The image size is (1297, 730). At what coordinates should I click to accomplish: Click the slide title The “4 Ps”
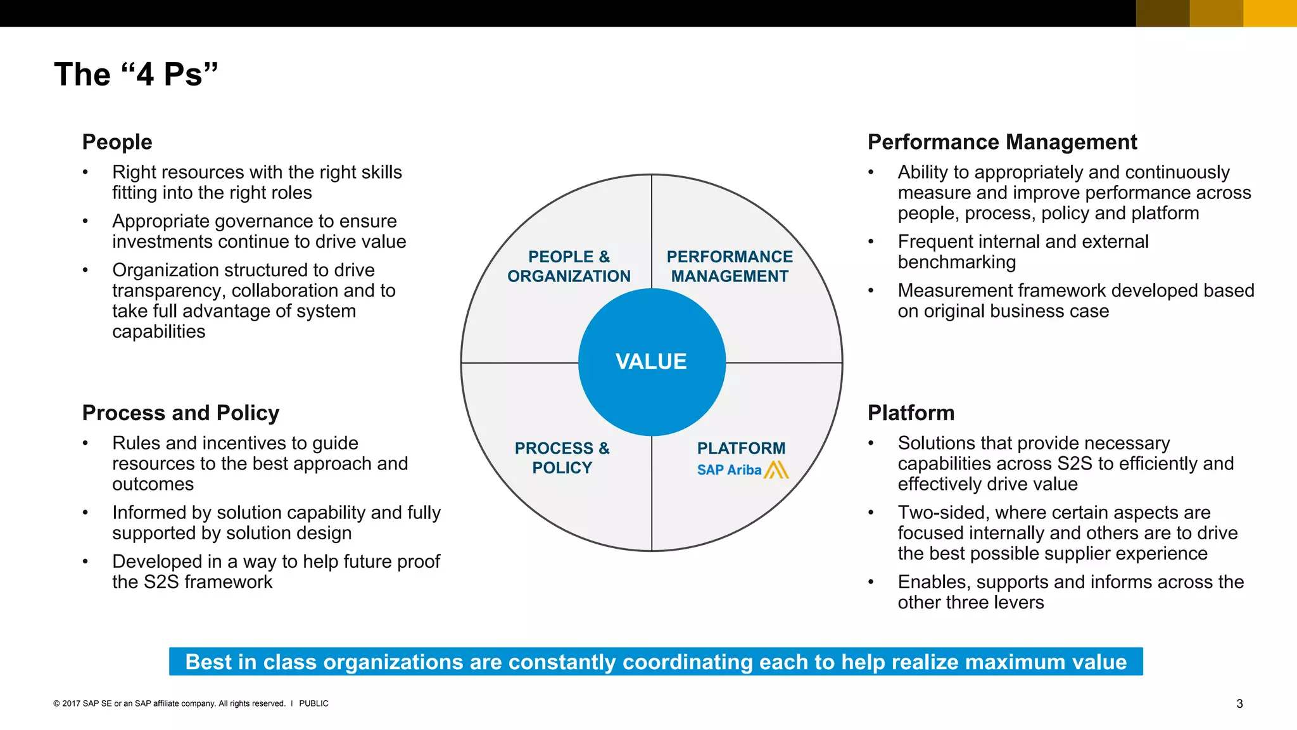click(136, 74)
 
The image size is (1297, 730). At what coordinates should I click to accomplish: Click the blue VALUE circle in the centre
click(652, 362)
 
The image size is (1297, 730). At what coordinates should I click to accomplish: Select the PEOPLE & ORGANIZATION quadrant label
click(569, 267)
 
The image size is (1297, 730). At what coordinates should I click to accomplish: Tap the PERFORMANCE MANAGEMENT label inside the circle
click(730, 267)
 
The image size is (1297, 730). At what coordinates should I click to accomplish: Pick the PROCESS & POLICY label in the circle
click(562, 458)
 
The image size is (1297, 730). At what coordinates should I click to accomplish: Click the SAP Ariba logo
click(742, 470)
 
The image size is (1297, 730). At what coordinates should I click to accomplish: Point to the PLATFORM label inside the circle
click(741, 448)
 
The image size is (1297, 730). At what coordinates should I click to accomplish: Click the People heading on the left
click(117, 142)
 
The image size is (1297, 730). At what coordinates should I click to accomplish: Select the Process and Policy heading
click(180, 413)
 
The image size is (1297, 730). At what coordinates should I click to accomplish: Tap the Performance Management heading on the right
click(1002, 142)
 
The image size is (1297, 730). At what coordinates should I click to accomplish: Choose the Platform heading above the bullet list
click(911, 413)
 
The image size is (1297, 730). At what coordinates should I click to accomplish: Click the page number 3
click(1239, 704)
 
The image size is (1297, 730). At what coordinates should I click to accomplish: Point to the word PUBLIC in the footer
click(313, 703)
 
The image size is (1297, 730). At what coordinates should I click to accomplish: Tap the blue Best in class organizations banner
click(655, 662)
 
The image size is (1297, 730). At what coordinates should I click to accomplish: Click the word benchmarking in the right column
click(956, 262)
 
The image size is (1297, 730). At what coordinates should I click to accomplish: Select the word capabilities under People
click(159, 332)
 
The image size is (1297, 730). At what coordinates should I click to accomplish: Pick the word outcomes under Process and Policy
click(153, 485)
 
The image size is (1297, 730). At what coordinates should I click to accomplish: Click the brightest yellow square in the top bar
click(1270, 13)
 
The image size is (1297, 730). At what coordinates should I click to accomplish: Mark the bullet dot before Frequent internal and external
click(871, 241)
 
